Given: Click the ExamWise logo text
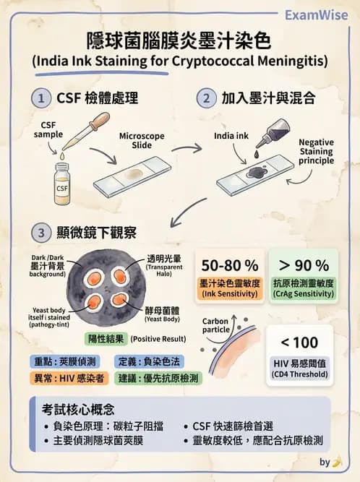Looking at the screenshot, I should pyautogui.click(x=315, y=14).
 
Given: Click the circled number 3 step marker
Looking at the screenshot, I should pyautogui.click(x=43, y=233).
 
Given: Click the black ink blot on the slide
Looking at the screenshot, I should pyautogui.click(x=254, y=171).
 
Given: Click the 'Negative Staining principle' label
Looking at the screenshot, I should pyautogui.click(x=317, y=152).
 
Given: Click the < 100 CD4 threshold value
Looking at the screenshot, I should pyautogui.click(x=299, y=342).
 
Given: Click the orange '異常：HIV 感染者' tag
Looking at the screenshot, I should pyautogui.click(x=69, y=377).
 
